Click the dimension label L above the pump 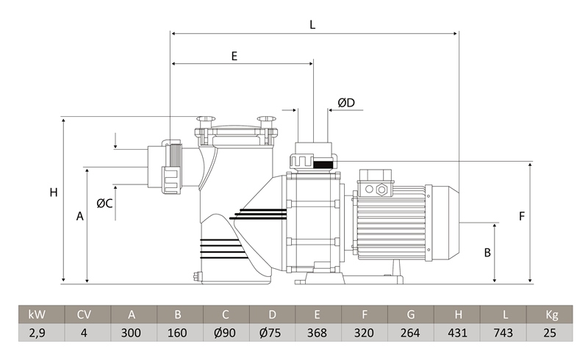coord(312,25)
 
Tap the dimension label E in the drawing coord(234,57)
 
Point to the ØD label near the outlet coord(346,102)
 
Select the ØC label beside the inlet coord(104,204)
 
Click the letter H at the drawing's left coord(54,192)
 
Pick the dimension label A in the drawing coord(80,216)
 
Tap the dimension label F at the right coord(522,216)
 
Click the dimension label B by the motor coord(487,253)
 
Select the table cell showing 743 coord(503,333)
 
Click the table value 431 coord(457,333)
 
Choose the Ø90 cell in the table coord(225,333)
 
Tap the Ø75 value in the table coord(270,333)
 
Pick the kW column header coord(37,314)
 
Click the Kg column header coord(552,314)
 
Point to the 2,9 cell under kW coord(37,333)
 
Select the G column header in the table coord(411,314)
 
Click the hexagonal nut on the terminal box coord(381,190)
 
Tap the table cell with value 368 coord(317,333)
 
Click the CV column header coord(84,314)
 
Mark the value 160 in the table coord(177,333)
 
